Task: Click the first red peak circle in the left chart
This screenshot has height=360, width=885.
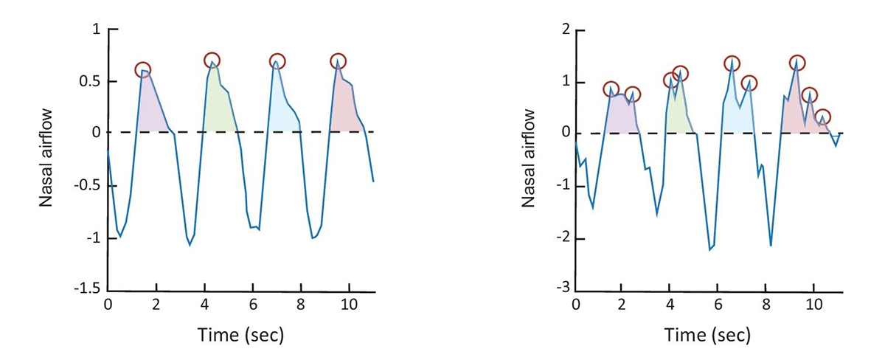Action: pos(143,70)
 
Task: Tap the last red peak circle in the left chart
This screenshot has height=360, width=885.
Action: pos(338,61)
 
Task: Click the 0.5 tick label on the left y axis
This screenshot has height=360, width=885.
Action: pos(91,81)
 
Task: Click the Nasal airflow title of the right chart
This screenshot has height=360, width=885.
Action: pos(528,157)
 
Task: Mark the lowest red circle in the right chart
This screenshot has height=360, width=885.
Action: pos(823,117)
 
